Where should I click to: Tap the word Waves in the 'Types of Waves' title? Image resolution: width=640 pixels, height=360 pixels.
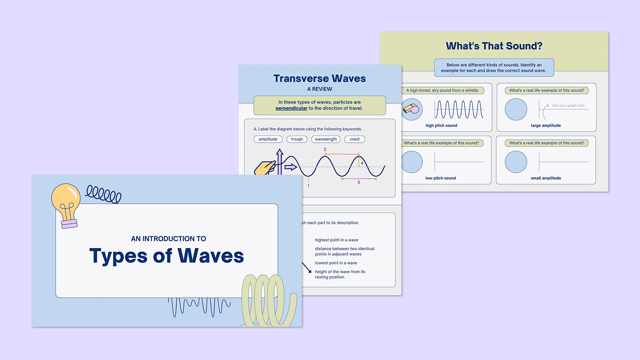[x=210, y=256]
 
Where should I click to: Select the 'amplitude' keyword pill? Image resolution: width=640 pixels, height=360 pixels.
[x=268, y=139]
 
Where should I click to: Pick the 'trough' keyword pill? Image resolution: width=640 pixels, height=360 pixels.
[x=297, y=139]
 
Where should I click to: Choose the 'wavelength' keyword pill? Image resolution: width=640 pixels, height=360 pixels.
[x=326, y=139]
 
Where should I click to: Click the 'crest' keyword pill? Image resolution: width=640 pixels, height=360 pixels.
[x=354, y=139]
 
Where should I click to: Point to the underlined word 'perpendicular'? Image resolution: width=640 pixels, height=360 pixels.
[x=291, y=108]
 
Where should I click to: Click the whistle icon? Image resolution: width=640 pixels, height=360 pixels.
[x=411, y=109]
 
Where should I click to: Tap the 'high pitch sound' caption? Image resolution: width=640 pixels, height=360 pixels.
[x=441, y=126]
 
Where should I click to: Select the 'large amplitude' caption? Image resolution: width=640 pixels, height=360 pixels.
[x=546, y=126]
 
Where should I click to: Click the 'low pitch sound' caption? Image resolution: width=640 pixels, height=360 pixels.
[x=440, y=178]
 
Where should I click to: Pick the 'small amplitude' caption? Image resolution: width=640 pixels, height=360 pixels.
[x=546, y=178]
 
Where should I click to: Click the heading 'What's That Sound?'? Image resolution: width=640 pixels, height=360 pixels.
[x=494, y=46]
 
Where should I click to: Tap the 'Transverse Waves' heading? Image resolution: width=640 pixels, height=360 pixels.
[x=320, y=78]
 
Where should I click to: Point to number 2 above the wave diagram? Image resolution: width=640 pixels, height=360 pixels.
[x=325, y=149]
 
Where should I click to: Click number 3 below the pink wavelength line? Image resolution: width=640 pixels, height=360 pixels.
[x=358, y=182]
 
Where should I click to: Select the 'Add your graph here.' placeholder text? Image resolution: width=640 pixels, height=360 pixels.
[x=568, y=106]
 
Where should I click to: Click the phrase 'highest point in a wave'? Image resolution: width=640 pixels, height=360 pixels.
[x=336, y=240]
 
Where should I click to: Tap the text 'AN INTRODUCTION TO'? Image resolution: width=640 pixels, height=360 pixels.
[x=168, y=239]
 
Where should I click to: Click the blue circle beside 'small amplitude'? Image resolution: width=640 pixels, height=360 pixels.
[x=516, y=162]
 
